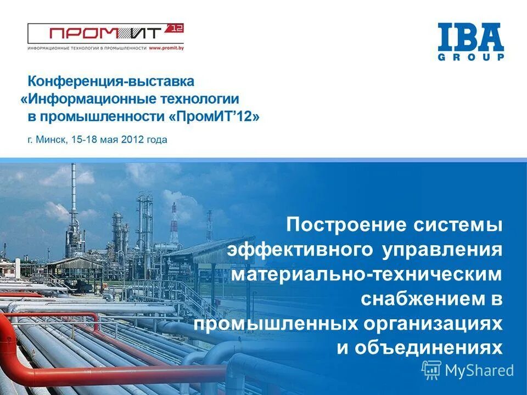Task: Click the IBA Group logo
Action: click(x=470, y=41)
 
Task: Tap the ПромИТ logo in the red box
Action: click(x=105, y=33)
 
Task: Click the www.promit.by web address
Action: click(x=166, y=48)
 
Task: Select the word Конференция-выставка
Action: click(x=111, y=82)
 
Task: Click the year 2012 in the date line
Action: click(x=132, y=139)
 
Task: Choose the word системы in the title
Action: click(x=459, y=225)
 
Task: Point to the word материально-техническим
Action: click(x=367, y=274)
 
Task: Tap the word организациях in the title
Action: click(x=432, y=324)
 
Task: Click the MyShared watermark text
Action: click(x=479, y=370)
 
